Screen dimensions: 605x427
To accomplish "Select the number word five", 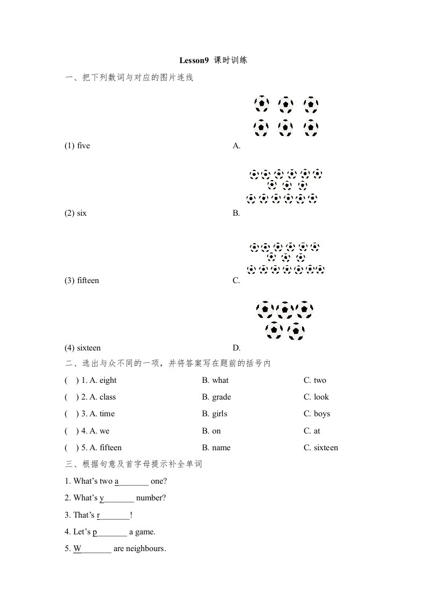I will tap(83, 146).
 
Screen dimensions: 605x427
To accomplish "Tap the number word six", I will tap(82, 213).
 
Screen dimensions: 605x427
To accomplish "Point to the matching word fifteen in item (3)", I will tap(88, 280).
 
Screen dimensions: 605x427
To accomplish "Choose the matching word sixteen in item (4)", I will tap(89, 348).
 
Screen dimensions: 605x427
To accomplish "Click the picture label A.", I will tap(236, 146).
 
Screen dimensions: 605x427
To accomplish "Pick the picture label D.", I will tap(236, 348).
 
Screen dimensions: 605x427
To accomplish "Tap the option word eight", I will tap(108, 380).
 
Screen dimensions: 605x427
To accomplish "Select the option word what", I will tap(220, 380).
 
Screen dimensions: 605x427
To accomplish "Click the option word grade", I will tap(221, 397).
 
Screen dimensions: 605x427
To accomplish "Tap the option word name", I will tap(221, 448).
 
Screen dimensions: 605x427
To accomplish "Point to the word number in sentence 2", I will tap(151, 498).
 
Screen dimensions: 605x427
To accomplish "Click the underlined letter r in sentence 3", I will tap(99, 515).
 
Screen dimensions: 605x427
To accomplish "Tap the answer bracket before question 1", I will tap(69, 380).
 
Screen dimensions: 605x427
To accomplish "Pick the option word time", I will tap(107, 414).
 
